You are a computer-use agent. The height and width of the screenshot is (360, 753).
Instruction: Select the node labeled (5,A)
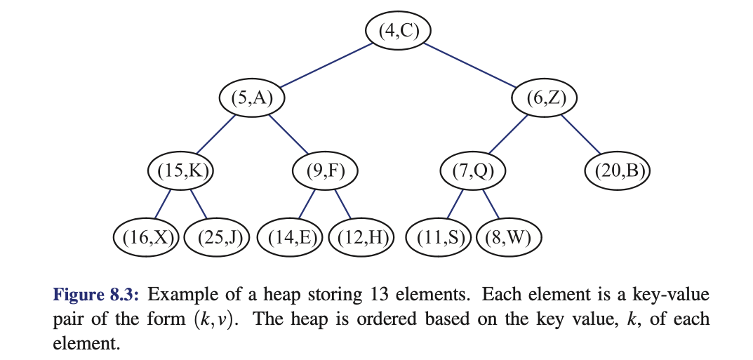(x=251, y=98)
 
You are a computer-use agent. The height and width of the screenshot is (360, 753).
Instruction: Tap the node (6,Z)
(x=545, y=98)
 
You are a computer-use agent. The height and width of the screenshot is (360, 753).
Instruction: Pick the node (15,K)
(x=180, y=170)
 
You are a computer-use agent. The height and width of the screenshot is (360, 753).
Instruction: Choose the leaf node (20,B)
(x=618, y=170)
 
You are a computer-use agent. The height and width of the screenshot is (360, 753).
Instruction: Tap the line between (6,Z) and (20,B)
(x=582, y=133)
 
